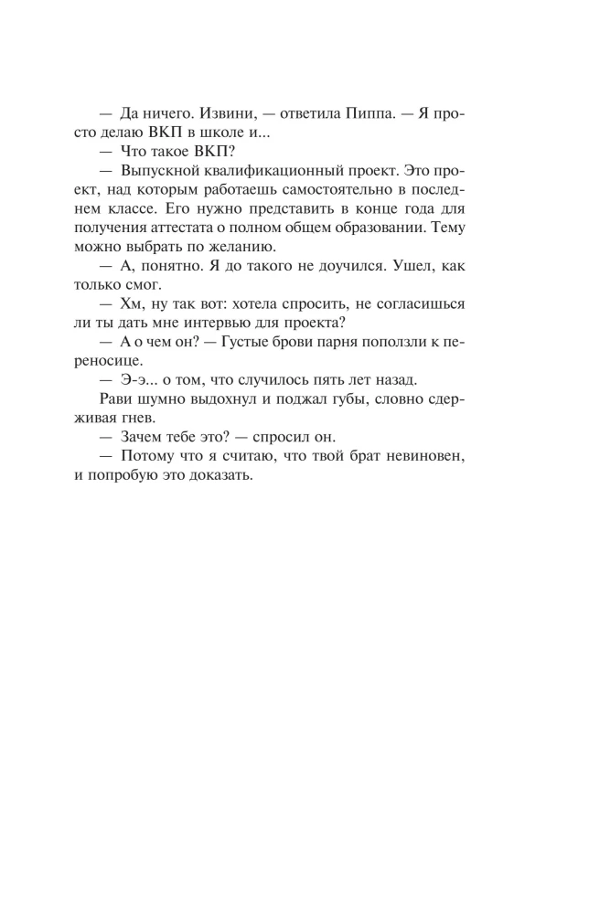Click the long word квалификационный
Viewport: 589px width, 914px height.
(x=272, y=175)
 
